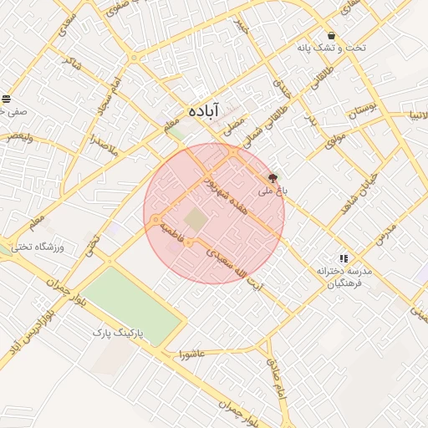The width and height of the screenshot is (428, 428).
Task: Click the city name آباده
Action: (203, 110)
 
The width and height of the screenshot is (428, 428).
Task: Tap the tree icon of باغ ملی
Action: (273, 178)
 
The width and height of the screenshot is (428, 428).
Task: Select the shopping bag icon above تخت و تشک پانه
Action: (332, 36)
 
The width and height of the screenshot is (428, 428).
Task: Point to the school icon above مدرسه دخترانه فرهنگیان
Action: (344, 258)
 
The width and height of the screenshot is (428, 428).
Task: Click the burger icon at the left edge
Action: (7, 99)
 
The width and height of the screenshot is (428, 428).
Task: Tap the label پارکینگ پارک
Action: (118, 333)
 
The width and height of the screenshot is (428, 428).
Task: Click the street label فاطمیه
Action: (179, 232)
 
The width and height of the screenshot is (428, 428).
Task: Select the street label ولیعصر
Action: (18, 135)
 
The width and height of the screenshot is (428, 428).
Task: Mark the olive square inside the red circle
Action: (196, 221)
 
